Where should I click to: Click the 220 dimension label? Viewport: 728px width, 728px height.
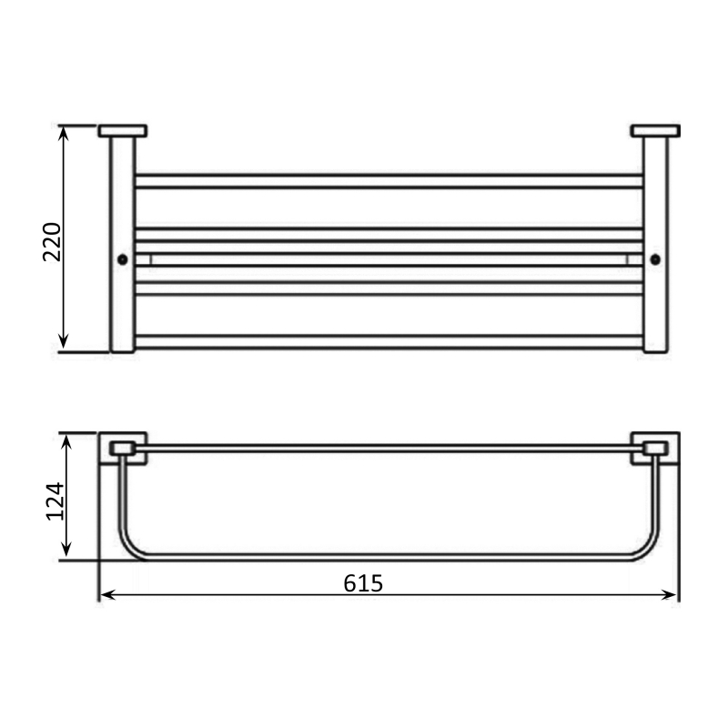52,242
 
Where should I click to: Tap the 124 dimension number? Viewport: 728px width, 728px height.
55,501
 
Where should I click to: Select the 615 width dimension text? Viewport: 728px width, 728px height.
363,583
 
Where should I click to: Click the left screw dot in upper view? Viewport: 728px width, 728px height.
123,259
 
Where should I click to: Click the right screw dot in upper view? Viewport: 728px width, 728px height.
655,259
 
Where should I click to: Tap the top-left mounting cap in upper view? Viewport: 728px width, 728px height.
123,131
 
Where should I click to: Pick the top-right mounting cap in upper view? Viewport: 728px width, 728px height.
655,131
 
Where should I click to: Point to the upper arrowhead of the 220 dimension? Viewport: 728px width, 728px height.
64,133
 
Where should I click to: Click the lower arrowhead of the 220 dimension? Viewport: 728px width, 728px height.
64,341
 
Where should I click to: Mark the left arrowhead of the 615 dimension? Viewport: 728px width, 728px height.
107,595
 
